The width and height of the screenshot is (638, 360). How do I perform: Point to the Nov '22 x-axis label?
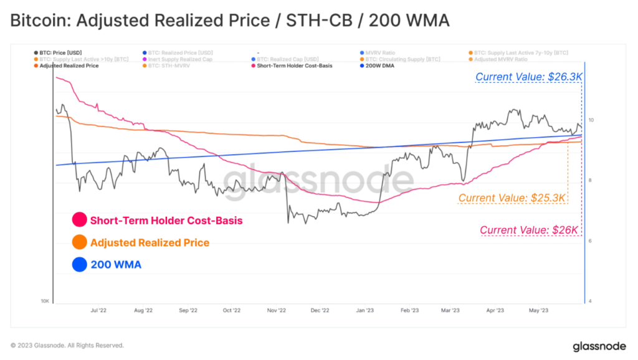pyautogui.click(x=276, y=310)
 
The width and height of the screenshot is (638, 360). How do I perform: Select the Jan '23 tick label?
pyautogui.click(x=365, y=310)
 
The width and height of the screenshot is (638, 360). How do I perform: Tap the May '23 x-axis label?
pyautogui.click(x=538, y=310)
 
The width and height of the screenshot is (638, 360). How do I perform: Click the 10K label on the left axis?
pyautogui.click(x=45, y=301)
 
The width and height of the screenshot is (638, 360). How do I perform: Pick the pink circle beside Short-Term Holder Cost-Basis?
pyautogui.click(x=79, y=220)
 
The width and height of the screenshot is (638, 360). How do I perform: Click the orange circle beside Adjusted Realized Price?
pyautogui.click(x=79, y=242)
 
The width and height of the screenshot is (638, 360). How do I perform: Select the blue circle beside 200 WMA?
pyautogui.click(x=79, y=265)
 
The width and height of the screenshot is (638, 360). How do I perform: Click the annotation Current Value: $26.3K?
pyautogui.click(x=528, y=77)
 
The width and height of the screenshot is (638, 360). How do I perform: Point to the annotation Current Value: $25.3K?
pyautogui.click(x=512, y=198)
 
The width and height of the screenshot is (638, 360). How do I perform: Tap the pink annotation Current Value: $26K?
pyautogui.click(x=530, y=230)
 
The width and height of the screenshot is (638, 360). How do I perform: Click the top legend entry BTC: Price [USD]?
pyautogui.click(x=60, y=52)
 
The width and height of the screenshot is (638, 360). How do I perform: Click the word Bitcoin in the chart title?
pyautogui.click(x=38, y=21)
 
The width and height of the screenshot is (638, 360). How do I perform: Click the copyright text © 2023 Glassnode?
pyautogui.click(x=67, y=345)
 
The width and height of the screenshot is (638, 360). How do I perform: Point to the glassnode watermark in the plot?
pyautogui.click(x=318, y=181)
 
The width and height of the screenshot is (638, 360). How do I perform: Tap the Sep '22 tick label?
pyautogui.click(x=188, y=310)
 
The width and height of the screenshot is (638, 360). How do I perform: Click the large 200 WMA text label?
pyautogui.click(x=116, y=265)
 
